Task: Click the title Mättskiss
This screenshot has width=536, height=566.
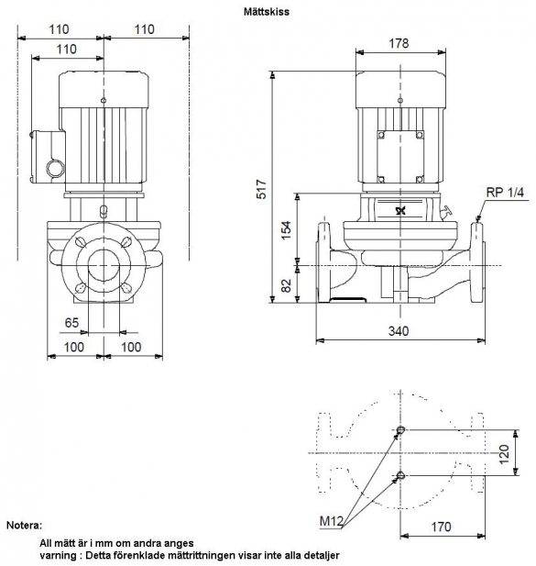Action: pos(267,12)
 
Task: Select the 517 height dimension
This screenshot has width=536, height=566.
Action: pos(261,189)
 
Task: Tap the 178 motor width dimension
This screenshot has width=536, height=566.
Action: pos(399,43)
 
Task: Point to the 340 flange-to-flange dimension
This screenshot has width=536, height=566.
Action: pos(399,330)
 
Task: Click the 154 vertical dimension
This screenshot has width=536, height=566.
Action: pos(286,230)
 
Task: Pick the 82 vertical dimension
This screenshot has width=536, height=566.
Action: pos(286,285)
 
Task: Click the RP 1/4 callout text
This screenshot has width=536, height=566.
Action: pos(505,192)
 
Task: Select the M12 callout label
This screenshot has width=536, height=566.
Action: pos(331,521)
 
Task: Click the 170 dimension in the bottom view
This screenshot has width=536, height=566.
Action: pos(441,527)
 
